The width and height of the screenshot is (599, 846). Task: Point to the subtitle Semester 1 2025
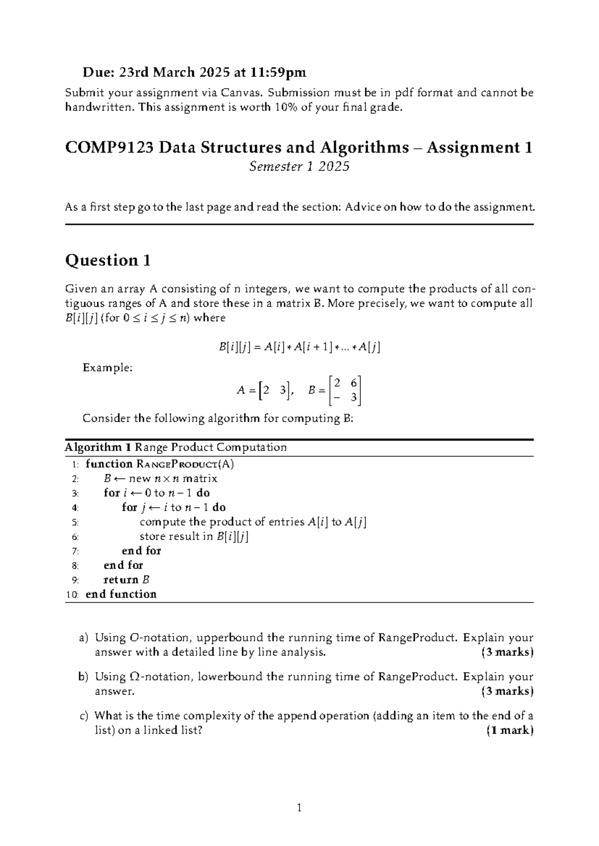299,167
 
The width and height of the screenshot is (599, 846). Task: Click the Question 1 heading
108,260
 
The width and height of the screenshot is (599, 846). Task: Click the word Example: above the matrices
107,368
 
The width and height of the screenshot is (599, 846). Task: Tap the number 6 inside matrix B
353,383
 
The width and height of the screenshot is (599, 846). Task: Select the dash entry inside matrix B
337,398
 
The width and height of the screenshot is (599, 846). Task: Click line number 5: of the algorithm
75,522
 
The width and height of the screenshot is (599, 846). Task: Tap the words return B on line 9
126,580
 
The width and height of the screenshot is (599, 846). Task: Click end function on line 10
121,594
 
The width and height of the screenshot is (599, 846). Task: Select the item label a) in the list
83,637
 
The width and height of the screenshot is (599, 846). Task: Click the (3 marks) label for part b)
507,691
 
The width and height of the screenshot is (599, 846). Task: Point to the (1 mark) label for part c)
510,731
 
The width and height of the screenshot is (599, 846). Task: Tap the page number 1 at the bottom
299,808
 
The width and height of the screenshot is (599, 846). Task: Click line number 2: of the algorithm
75,479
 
